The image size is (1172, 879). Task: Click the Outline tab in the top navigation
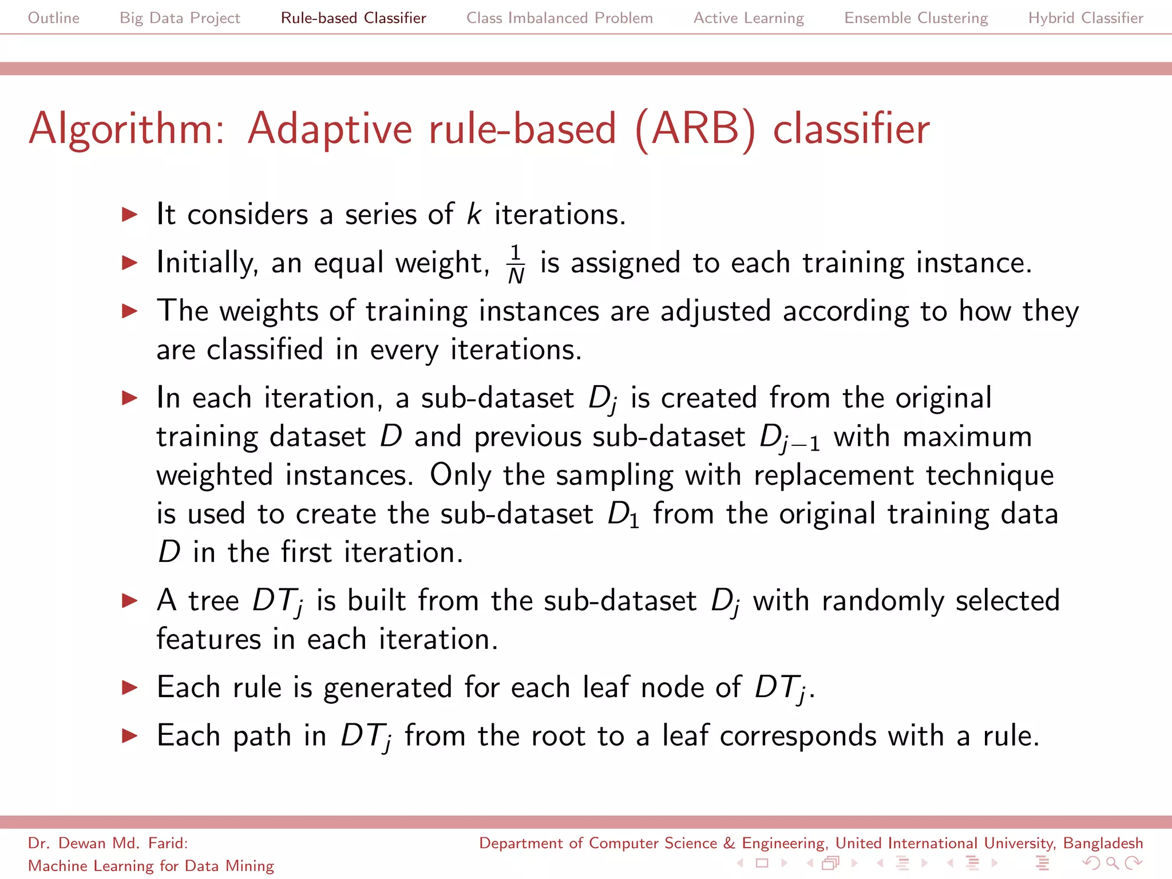tap(54, 18)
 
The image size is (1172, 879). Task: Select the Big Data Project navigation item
tap(180, 18)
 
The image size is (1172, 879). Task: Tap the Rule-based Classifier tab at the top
tap(353, 18)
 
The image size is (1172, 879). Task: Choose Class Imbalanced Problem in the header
tap(559, 18)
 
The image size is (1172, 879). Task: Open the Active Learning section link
tap(749, 18)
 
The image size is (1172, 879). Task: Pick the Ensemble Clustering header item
tap(916, 18)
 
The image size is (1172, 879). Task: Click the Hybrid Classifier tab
tap(1086, 18)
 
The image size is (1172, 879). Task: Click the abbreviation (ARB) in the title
tap(695, 129)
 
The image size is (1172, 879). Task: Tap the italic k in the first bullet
tap(474, 215)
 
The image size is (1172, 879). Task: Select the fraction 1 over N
tap(516, 264)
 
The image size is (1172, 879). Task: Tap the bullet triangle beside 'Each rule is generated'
tap(130, 687)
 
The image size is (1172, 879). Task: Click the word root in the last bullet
tap(558, 736)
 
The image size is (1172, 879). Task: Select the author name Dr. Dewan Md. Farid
tap(108, 843)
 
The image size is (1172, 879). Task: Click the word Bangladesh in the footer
tap(1103, 843)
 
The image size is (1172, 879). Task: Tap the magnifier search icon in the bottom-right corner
tap(1112, 862)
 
